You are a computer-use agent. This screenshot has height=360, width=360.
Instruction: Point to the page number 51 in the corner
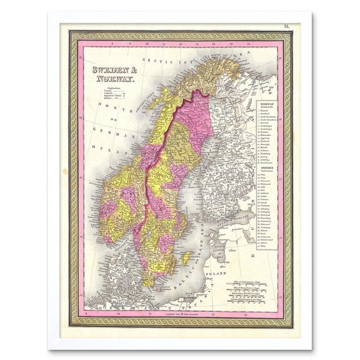pos(286,26)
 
